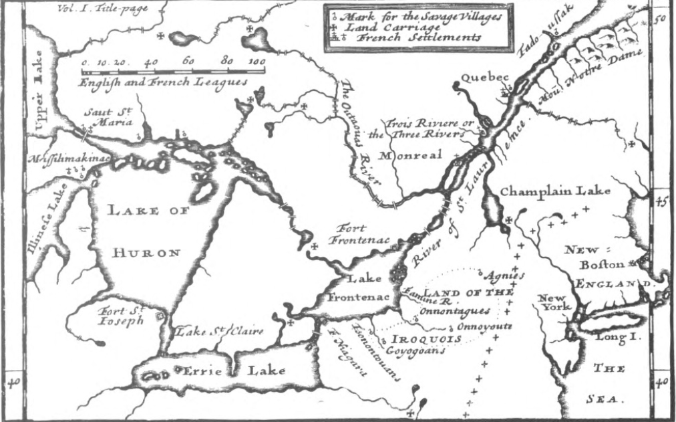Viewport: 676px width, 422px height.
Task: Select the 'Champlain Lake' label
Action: (x=556, y=192)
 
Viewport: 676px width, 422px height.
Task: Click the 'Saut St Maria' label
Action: (x=108, y=117)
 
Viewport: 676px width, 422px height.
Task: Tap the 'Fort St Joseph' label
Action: (x=121, y=316)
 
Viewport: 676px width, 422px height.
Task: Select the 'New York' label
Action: (x=553, y=302)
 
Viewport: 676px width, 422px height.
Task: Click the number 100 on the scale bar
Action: (x=255, y=62)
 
